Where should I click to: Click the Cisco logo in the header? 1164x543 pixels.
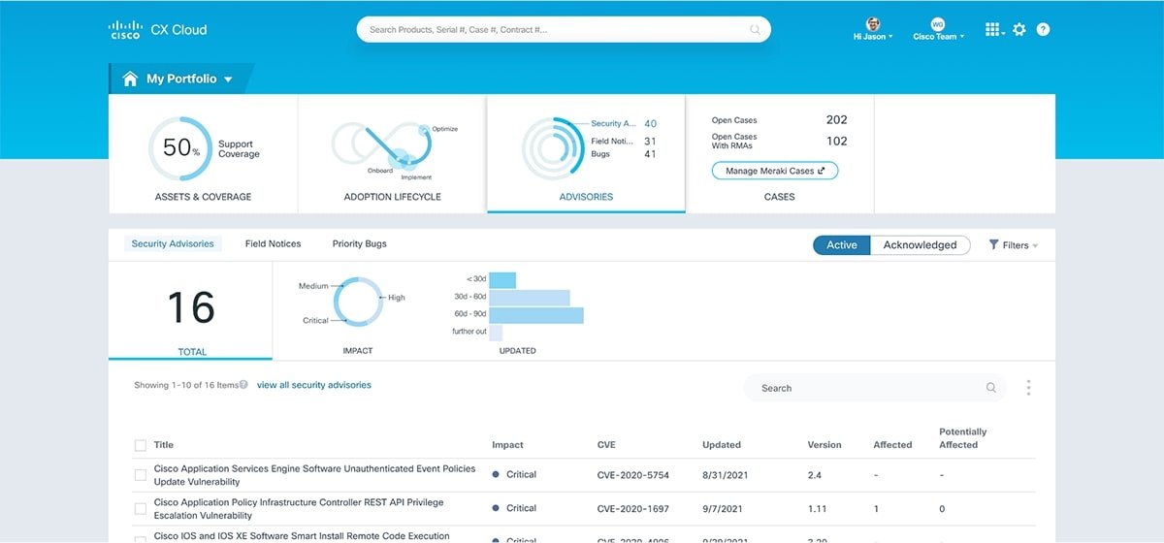click(x=125, y=29)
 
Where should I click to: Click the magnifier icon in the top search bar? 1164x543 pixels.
click(x=755, y=30)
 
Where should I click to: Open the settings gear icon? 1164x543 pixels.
click(x=1018, y=30)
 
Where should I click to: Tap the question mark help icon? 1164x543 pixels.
click(x=1043, y=30)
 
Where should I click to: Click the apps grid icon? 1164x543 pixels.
click(x=992, y=30)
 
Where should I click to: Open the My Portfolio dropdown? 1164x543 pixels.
click(x=180, y=80)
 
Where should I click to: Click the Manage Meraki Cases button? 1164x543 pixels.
click(x=774, y=171)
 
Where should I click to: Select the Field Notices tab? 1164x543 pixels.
click(x=273, y=244)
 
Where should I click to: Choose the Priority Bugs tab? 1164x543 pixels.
click(x=359, y=244)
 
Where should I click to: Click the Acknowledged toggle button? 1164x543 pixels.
click(x=920, y=245)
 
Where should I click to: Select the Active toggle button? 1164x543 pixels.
click(x=841, y=245)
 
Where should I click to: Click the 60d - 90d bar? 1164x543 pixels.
click(x=535, y=315)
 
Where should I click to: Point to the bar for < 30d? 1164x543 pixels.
click(x=502, y=280)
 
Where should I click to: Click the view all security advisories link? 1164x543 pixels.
click(x=313, y=385)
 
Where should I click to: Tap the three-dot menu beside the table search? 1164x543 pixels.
click(x=1028, y=388)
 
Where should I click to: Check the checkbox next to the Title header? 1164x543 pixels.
click(x=141, y=445)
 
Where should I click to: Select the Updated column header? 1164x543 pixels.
click(x=721, y=445)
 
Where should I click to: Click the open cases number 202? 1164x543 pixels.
click(x=836, y=120)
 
